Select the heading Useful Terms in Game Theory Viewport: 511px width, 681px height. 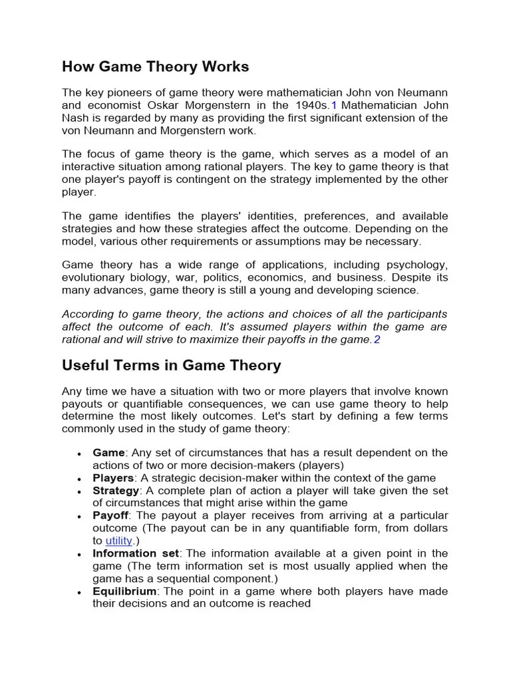click(x=172, y=365)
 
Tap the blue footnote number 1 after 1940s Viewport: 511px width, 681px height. click(x=334, y=106)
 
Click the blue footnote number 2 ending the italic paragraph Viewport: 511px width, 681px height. click(x=377, y=339)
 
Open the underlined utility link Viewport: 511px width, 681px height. click(x=119, y=541)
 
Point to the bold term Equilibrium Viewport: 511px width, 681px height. click(x=124, y=591)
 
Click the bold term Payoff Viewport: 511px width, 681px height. click(x=110, y=515)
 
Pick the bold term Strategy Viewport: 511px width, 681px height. click(x=115, y=490)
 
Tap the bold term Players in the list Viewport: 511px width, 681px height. click(x=113, y=477)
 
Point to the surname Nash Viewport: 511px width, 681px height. click(x=76, y=118)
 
